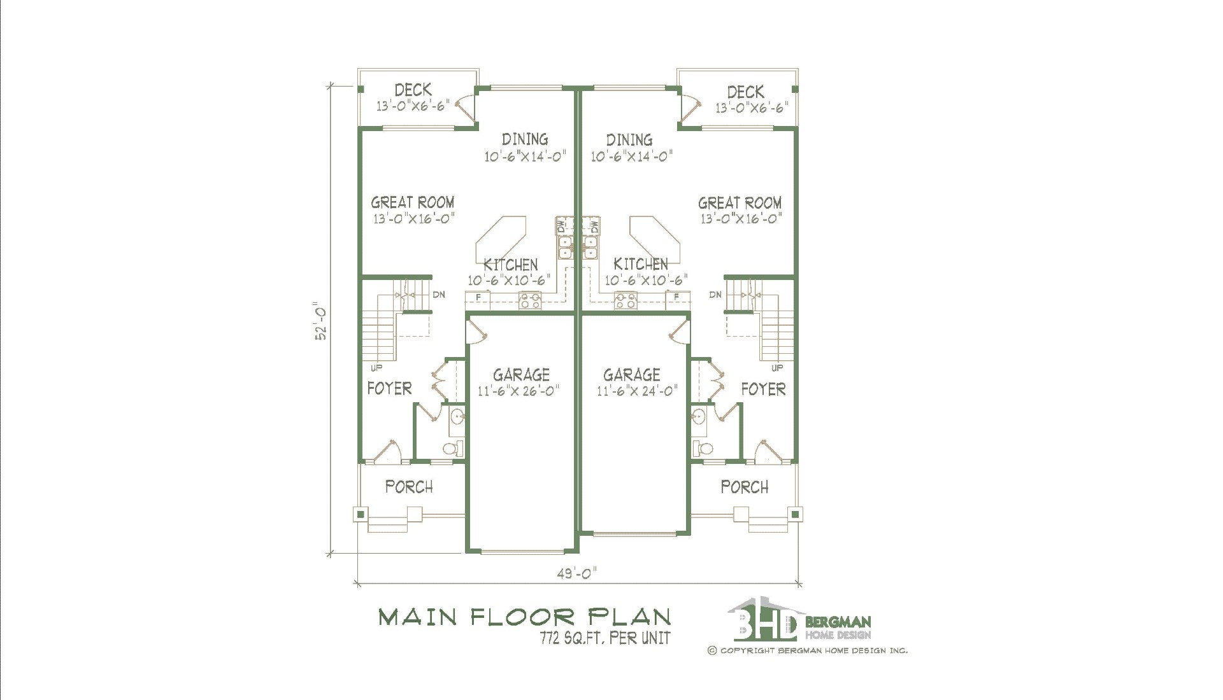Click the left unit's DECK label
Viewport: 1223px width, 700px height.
[413, 90]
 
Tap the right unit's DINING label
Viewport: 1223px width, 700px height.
[629, 140]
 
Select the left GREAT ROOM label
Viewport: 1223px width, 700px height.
[413, 202]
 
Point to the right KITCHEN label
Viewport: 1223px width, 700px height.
[641, 264]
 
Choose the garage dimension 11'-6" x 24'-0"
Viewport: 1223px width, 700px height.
[637, 391]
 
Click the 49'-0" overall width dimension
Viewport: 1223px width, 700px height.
[577, 574]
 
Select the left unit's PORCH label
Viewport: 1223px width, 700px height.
[409, 487]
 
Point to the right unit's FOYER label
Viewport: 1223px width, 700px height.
[763, 389]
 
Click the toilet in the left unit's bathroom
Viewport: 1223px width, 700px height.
[452, 449]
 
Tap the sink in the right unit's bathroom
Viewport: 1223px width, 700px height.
[697, 417]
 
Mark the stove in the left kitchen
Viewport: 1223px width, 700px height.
[530, 300]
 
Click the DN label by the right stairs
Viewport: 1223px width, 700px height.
[715, 295]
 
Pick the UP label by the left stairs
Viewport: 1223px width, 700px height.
[376, 368]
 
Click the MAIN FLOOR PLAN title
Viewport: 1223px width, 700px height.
[525, 617]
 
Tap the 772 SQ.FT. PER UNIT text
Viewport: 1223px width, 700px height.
[605, 638]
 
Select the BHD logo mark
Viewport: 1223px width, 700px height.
[763, 619]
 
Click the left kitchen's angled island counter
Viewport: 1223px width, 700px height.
[501, 237]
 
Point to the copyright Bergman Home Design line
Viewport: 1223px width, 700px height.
[808, 650]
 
